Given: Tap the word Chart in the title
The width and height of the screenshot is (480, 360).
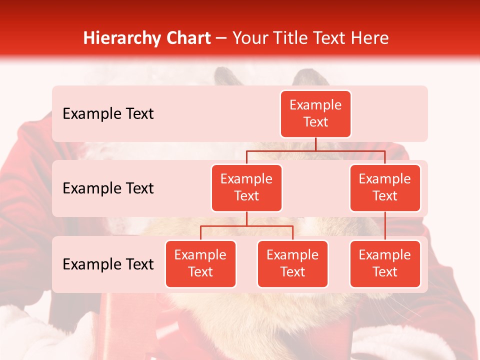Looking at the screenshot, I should click(187, 38).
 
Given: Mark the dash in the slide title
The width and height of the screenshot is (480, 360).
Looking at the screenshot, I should click(221, 38).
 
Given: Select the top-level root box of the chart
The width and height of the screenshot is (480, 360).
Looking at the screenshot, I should click(315, 114).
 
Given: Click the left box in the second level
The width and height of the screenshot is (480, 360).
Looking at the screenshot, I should click(246, 187).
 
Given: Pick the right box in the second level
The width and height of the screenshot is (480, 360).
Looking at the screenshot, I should click(385, 187).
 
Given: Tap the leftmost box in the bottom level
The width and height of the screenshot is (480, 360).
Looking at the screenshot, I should click(200, 263).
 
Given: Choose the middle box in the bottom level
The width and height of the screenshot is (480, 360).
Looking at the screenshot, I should click(292, 263).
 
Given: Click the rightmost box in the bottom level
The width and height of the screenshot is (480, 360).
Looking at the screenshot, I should click(385, 263).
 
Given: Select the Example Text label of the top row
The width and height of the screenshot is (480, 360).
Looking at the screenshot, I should click(108, 114).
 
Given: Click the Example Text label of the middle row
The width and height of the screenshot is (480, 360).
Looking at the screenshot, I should click(108, 188).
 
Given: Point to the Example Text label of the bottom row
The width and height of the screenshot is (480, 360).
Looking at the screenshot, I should click(108, 264).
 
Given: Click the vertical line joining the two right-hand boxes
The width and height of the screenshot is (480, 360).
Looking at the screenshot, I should click(385, 226).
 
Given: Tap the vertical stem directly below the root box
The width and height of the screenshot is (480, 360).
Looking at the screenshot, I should click(315, 144).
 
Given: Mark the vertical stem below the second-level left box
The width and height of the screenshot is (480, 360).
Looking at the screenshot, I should click(246, 218).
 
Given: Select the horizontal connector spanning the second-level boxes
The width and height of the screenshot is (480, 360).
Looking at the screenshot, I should click(315, 150).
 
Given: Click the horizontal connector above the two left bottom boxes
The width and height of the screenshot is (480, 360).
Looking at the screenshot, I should click(246, 226).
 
